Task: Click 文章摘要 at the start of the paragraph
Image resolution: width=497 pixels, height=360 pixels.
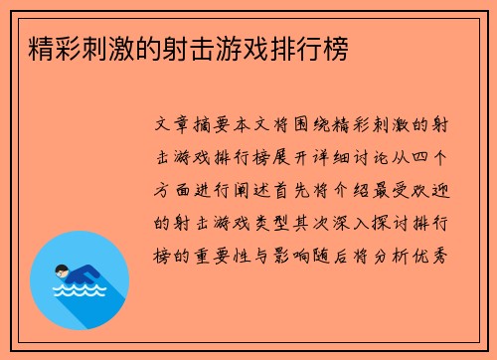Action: (200, 128)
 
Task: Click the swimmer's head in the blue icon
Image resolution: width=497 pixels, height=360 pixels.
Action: (63, 269)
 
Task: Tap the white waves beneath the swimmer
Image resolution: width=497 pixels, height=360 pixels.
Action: (79, 293)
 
